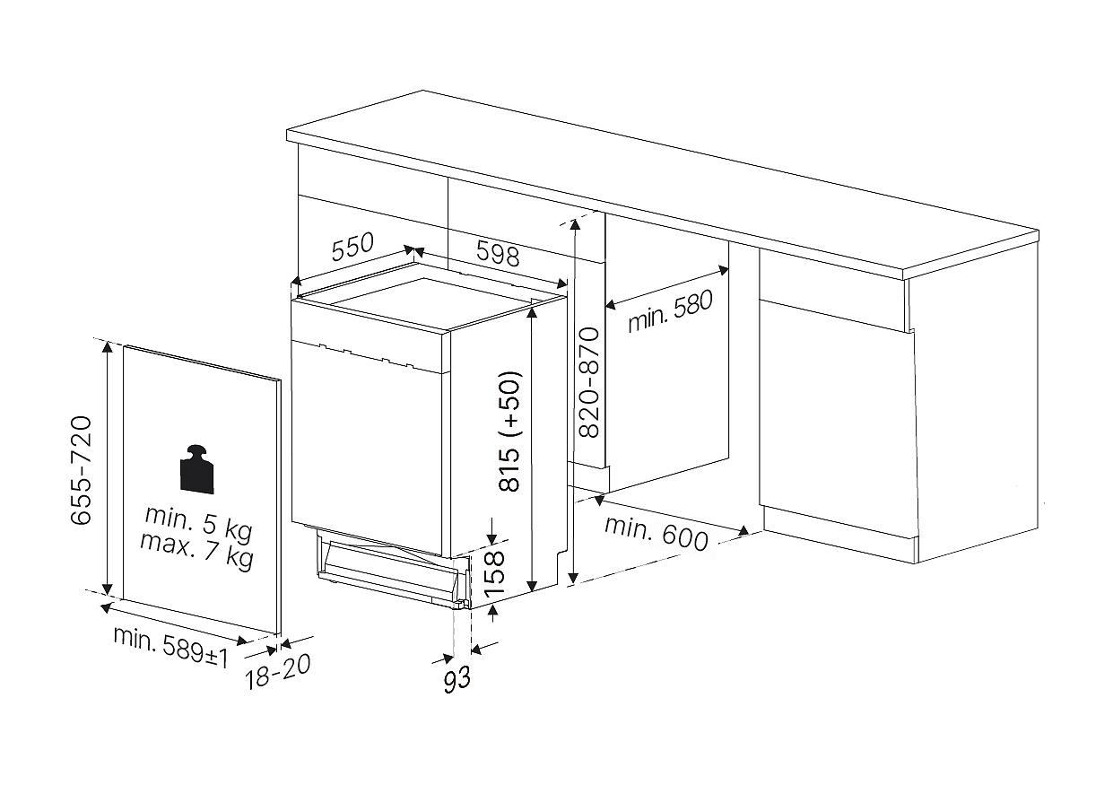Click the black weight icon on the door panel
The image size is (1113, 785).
(x=197, y=469)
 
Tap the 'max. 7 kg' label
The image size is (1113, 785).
(x=197, y=551)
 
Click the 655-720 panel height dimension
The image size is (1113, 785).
(x=81, y=470)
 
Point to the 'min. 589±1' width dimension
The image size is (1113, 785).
(x=171, y=647)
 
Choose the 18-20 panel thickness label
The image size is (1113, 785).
(x=278, y=671)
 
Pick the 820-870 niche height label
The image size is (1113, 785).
(x=590, y=382)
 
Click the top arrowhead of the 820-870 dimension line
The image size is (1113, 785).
(x=575, y=225)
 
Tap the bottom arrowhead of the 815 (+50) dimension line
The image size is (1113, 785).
(x=532, y=586)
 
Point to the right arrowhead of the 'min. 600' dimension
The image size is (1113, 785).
(x=743, y=531)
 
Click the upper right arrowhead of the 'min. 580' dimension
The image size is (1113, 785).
(x=723, y=270)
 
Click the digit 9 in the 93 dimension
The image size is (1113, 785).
(x=449, y=681)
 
